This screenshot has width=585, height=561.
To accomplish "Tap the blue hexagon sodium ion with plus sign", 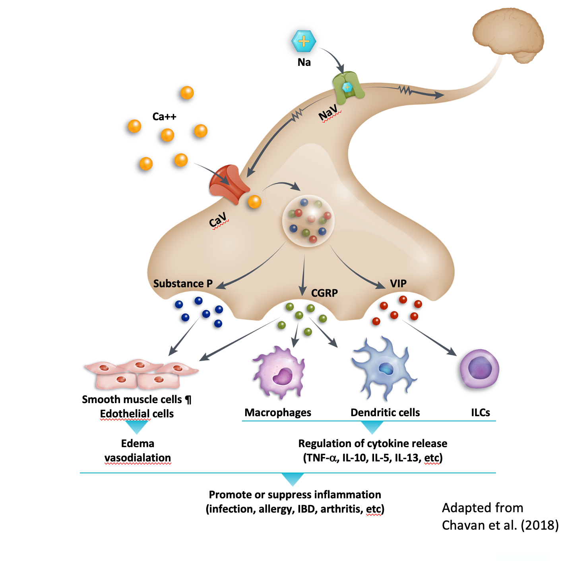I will (x=304, y=41).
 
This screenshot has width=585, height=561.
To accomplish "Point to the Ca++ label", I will (x=164, y=117).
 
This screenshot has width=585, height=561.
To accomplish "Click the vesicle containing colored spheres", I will (x=308, y=221).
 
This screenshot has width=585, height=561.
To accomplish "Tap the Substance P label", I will (x=183, y=284).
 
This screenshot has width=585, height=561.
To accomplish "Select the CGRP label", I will (x=324, y=293).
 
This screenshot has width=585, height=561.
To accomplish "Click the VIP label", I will (x=398, y=284).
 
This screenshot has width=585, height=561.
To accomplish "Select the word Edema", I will (x=138, y=444).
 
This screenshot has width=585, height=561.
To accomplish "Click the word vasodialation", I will (x=138, y=458).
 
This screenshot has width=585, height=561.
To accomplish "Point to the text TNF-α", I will (x=320, y=458).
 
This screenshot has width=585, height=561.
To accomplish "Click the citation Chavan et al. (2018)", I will (x=500, y=525).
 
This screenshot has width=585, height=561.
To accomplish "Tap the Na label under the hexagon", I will (x=304, y=62).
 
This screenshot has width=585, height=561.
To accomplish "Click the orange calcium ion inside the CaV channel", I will (x=254, y=202).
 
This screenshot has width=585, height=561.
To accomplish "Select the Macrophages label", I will (x=278, y=413).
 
